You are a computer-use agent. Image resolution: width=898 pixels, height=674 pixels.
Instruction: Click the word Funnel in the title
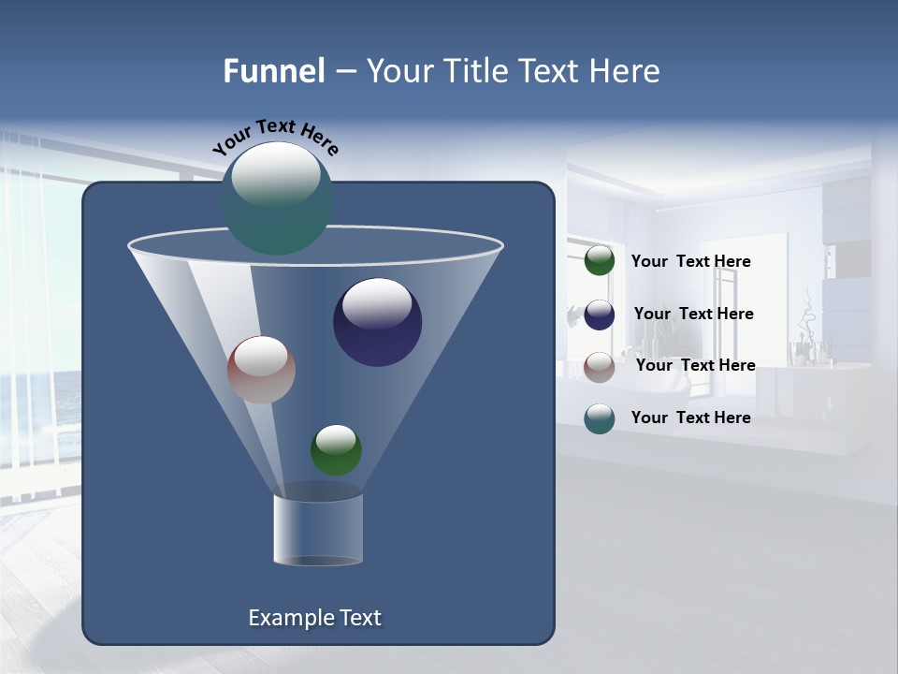[x=274, y=71]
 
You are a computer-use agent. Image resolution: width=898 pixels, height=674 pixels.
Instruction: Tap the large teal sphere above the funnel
[x=277, y=198]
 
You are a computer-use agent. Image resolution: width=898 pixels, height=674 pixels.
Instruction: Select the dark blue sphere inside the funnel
[x=377, y=322]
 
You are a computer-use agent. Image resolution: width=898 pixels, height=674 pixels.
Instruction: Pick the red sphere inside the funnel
[x=261, y=370]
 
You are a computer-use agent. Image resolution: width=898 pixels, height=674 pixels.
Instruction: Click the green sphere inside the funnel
[x=336, y=450]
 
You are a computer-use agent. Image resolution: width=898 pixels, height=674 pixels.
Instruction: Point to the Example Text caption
[x=314, y=618]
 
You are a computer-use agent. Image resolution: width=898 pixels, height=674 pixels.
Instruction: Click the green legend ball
[x=599, y=261]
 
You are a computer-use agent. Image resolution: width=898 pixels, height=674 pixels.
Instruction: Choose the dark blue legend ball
[x=599, y=315]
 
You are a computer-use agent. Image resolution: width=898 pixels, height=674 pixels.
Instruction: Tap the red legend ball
[x=599, y=366]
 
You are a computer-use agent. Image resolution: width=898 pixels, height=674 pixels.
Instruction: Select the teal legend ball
[x=599, y=418]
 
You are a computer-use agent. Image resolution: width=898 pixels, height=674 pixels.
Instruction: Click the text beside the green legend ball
[x=690, y=262]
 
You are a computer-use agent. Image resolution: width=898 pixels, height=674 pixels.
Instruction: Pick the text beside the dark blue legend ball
[x=693, y=315]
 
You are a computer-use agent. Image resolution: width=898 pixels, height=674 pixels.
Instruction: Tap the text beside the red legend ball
[x=695, y=366]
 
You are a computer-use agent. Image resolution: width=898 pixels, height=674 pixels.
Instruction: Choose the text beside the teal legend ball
[x=690, y=418]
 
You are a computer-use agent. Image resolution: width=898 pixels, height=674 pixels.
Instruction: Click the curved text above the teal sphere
[x=276, y=136]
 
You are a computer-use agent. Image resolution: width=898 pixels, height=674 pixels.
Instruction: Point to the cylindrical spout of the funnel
[x=318, y=529]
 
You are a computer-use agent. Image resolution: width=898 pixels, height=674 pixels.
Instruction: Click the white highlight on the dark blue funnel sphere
[x=377, y=302]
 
